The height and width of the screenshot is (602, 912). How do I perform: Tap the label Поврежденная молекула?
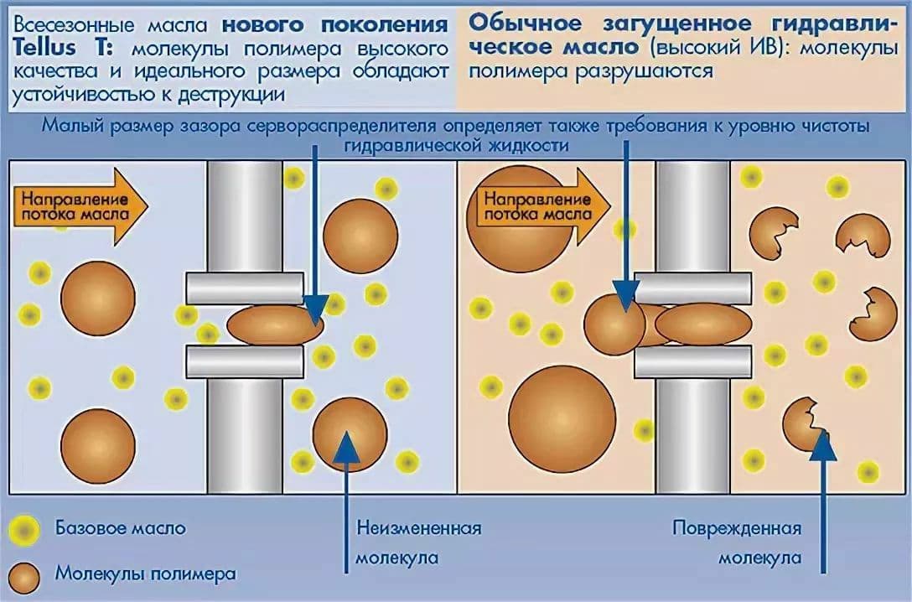click(x=738, y=542)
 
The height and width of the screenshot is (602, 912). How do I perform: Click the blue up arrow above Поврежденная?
click(x=825, y=495)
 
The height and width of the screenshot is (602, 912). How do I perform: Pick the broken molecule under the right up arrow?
click(x=801, y=423)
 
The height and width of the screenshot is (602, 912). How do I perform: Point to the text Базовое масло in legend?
click(x=121, y=529)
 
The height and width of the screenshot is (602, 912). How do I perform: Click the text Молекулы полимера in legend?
click(x=146, y=574)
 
